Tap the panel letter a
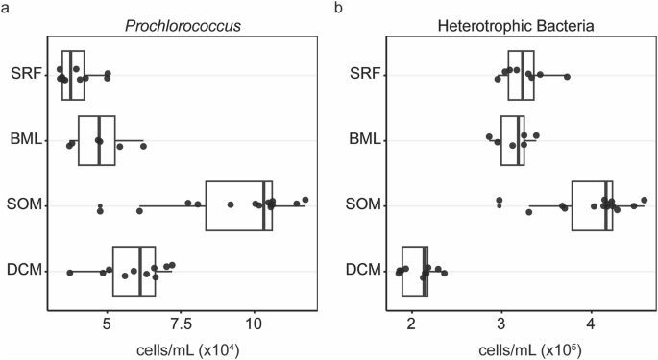coord(6,8)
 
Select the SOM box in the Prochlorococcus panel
coord(239,205)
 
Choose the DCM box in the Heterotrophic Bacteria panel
coord(415,271)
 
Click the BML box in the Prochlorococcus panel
coord(97,140)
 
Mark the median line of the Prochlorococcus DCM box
coord(140,271)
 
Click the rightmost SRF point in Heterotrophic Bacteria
coord(567,76)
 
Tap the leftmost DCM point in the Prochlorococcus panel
coord(70,274)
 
